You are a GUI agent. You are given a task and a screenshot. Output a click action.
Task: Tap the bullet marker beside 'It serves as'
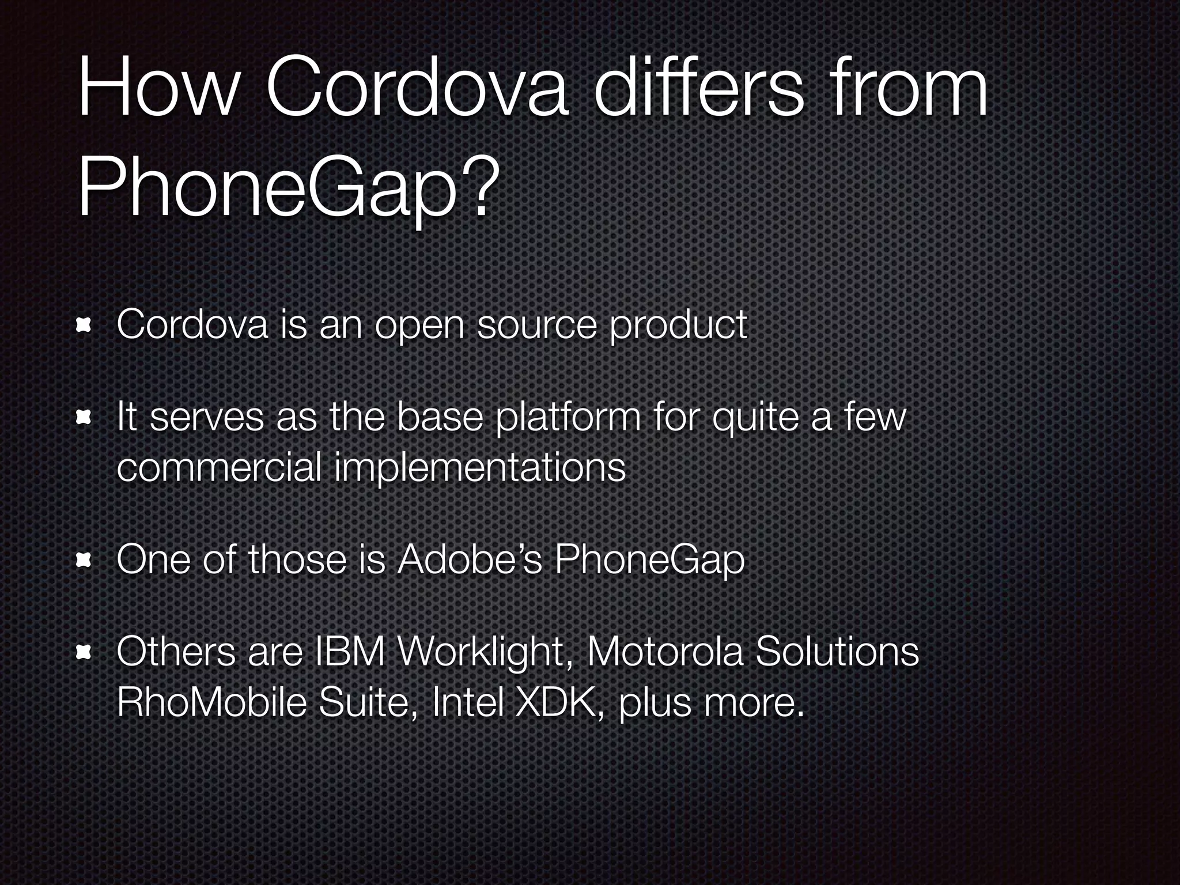click(85, 419)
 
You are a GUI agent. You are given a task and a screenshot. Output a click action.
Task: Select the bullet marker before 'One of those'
click(85, 561)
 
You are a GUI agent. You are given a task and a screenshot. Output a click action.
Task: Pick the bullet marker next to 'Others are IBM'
click(85, 653)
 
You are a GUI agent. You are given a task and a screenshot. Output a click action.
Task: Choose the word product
click(678, 326)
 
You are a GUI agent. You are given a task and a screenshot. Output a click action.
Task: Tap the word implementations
click(480, 468)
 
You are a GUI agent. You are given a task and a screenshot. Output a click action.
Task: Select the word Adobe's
click(470, 559)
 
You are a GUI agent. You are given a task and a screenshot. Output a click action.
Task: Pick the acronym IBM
click(348, 653)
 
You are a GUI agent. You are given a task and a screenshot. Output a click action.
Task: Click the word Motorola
click(665, 653)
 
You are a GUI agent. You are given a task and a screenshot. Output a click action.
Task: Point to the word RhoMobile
click(211, 702)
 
